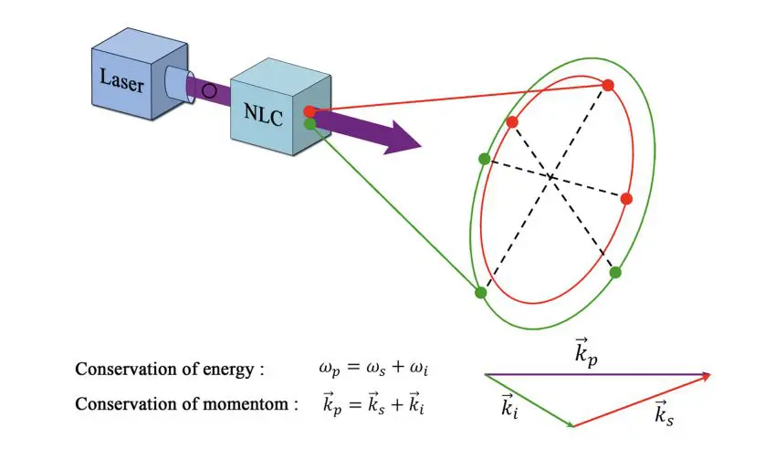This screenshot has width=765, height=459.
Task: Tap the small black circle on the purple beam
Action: pyautogui.click(x=209, y=90)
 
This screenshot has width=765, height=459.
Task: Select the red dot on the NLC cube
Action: pyautogui.click(x=309, y=111)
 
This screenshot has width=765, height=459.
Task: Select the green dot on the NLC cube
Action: pyautogui.click(x=309, y=123)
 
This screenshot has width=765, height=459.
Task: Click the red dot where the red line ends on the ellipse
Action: pyautogui.click(x=607, y=85)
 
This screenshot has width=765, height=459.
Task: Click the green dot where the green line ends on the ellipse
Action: pyautogui.click(x=481, y=292)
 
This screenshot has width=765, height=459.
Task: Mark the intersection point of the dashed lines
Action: pyautogui.click(x=551, y=175)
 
